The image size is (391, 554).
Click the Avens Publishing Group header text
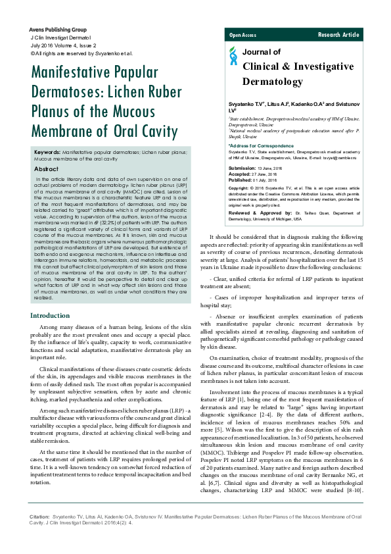tap(58, 30)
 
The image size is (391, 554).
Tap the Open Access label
tap(242, 34)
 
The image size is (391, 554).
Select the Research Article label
tap(338, 34)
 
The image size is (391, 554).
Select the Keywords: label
tap(49, 152)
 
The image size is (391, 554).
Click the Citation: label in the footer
tap(41, 518)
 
